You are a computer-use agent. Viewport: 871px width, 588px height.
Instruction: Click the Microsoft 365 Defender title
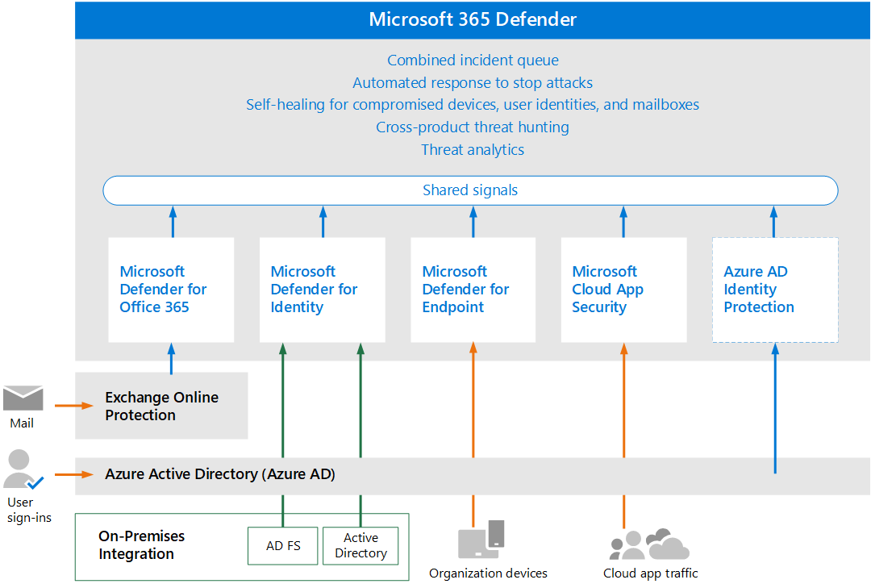[473, 19]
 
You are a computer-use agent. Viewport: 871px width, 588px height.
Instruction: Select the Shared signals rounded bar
[470, 190]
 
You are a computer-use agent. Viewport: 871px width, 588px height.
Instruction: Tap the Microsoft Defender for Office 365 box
[171, 290]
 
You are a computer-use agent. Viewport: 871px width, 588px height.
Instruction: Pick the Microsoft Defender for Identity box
[322, 290]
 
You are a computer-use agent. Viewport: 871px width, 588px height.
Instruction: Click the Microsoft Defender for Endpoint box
[473, 290]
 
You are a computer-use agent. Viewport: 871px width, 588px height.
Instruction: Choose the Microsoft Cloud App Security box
[623, 290]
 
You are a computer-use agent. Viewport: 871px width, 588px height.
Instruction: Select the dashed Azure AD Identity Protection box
[774, 290]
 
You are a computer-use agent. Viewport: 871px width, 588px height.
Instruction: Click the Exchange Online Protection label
[161, 406]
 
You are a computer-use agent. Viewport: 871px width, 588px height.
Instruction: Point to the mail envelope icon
[23, 398]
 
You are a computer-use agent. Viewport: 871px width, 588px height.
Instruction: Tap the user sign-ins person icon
[20, 470]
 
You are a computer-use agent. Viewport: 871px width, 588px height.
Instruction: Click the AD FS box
[283, 545]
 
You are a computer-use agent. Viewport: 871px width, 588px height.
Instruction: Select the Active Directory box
[360, 545]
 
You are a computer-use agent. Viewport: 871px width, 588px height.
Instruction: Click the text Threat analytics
[473, 149]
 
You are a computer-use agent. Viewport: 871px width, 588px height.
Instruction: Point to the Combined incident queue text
[473, 60]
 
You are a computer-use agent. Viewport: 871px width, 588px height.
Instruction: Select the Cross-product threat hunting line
[473, 127]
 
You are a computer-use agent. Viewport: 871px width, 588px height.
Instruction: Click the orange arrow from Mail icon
[74, 405]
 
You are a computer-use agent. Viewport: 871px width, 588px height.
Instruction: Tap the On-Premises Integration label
[141, 544]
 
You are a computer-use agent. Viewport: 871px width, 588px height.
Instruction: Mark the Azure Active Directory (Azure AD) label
[219, 473]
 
